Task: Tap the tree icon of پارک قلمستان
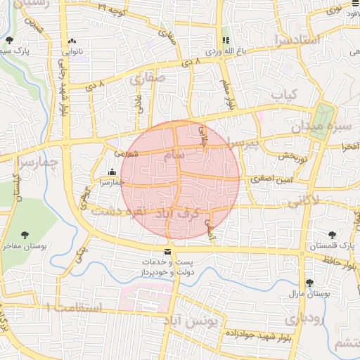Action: pos(331,235)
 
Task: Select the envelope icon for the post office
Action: pos(167,252)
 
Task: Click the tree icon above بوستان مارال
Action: pos(309,283)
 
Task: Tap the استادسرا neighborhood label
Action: pos(299,39)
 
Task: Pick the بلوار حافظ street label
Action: pos(340,262)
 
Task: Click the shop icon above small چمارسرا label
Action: pos(112,172)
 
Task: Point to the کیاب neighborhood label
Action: pos(285,93)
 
